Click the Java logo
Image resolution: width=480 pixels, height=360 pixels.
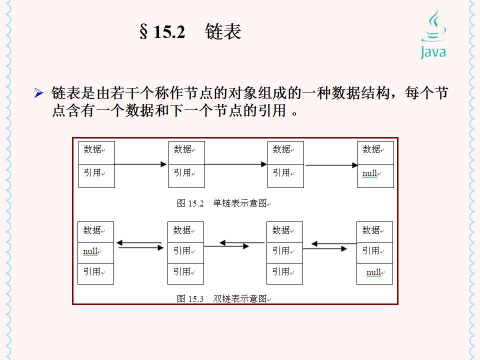pos(432,34)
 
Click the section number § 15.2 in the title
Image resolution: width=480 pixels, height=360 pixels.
pos(162,32)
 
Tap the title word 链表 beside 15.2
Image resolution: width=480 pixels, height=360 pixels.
pos(223,32)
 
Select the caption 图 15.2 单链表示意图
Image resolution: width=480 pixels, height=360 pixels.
pos(224,203)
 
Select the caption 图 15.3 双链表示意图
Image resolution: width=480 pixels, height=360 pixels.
pos(224,299)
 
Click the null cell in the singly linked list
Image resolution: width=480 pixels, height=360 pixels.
pos(375,175)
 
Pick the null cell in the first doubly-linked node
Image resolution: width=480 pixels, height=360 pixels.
pos(95,252)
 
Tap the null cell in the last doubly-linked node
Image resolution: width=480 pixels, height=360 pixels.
pos(374,273)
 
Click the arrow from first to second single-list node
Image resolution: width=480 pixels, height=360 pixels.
pos(140,164)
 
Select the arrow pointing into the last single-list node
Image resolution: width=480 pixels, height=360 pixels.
pos(331,164)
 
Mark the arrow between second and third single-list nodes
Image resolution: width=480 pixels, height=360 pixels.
pos(236,164)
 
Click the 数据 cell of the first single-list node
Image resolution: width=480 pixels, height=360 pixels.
pos(96,152)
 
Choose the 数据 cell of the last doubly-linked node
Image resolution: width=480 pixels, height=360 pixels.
pos(374,232)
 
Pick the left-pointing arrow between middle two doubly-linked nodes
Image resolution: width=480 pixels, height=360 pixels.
pos(241,243)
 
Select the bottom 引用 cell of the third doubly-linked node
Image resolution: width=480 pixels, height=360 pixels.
pos(284,273)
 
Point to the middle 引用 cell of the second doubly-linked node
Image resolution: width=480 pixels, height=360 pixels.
pos(185,252)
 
